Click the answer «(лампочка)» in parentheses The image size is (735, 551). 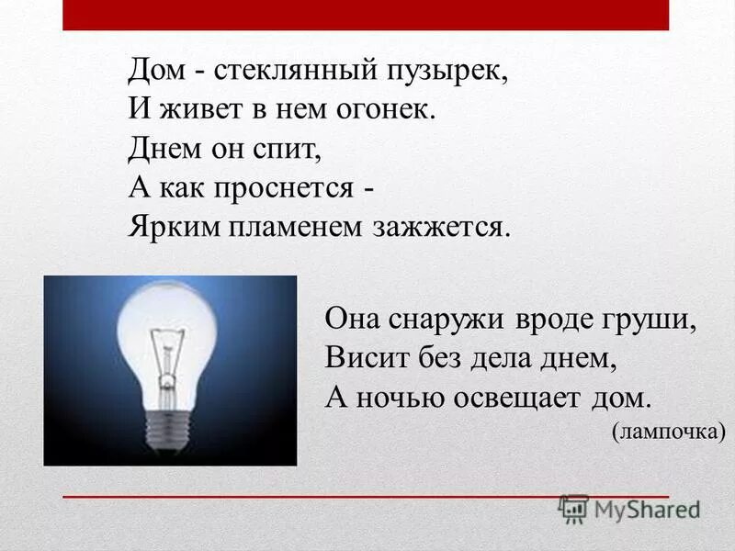[x=669, y=432]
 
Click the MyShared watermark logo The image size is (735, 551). [x=630, y=509]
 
